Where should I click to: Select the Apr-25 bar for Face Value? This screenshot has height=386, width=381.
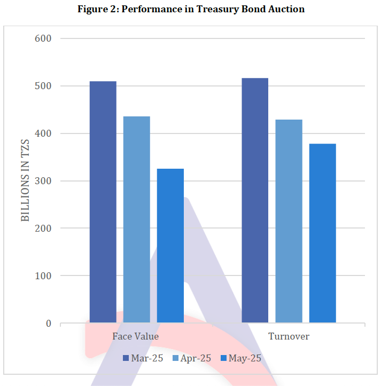[137, 219]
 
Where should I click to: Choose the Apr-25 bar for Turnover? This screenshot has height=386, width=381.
[289, 221]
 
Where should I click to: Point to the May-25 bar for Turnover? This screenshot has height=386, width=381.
[322, 233]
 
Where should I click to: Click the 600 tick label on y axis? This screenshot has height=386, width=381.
[44, 38]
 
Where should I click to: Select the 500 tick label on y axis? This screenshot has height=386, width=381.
[44, 86]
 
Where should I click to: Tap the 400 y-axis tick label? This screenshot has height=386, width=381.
[44, 133]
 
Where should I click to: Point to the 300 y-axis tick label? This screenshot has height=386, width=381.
[44, 181]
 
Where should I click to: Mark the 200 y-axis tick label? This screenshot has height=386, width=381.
[44, 229]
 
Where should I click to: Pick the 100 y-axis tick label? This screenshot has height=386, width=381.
[44, 276]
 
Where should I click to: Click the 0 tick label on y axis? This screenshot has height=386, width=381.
[49, 324]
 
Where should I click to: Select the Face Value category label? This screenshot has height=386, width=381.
[136, 337]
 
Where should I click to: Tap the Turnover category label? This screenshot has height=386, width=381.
[289, 337]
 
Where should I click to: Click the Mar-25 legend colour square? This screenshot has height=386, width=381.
[126, 358]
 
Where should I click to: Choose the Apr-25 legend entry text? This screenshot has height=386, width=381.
[196, 358]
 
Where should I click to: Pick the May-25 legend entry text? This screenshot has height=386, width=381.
[245, 358]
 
